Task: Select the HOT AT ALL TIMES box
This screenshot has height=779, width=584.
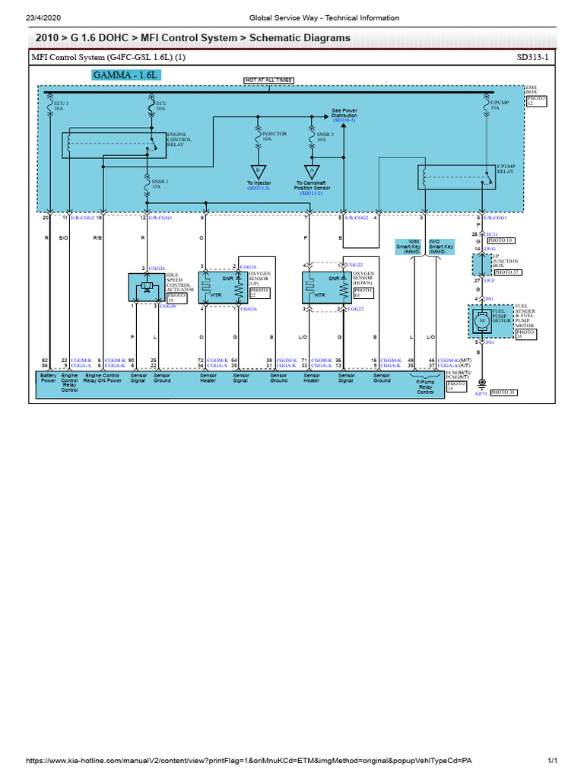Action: pos(268,80)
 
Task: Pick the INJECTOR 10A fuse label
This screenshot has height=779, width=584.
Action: pos(274,136)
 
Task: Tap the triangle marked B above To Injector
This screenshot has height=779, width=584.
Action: pos(258,170)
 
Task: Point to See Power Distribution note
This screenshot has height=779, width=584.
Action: pos(344,114)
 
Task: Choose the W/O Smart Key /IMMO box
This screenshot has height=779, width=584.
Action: pos(440,248)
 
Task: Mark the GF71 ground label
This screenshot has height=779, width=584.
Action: pos(480,394)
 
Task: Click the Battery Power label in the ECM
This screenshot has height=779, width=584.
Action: pos(49,378)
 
